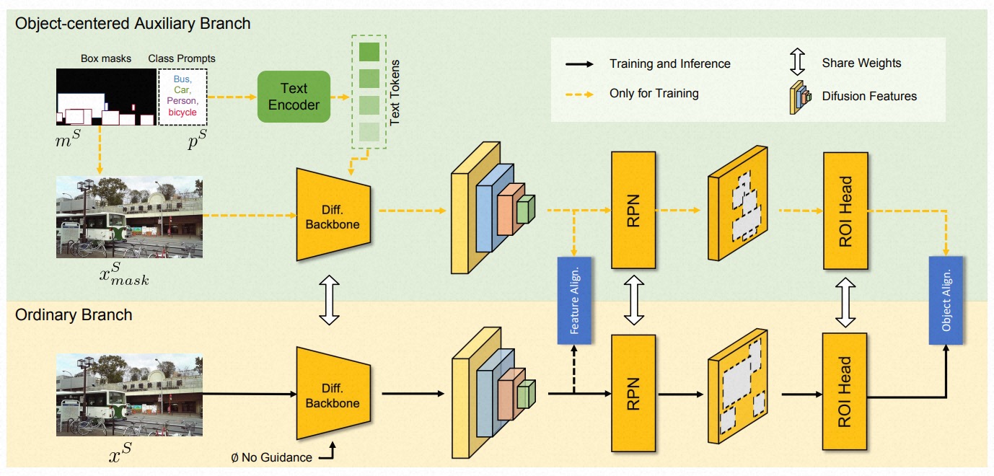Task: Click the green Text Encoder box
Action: click(294, 96)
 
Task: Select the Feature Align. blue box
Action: click(575, 300)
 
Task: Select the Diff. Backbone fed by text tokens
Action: click(333, 214)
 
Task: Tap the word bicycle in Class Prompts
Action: click(182, 113)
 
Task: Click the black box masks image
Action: click(106, 97)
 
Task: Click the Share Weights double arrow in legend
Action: click(797, 63)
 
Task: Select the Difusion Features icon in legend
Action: click(799, 96)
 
